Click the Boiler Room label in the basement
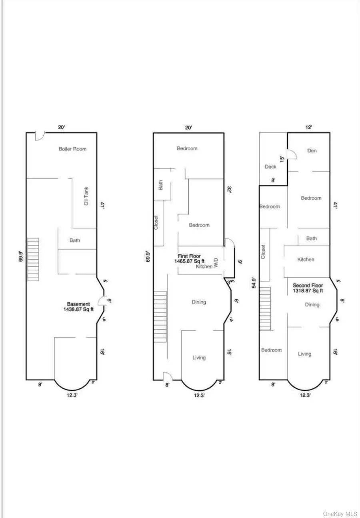[x=72, y=149]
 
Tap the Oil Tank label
[x=86, y=196]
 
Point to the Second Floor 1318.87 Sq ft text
[x=308, y=288]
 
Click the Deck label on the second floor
[x=271, y=167]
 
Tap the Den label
[x=312, y=150]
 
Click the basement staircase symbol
[x=33, y=259]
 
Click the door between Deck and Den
[x=292, y=154]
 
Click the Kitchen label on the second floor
[x=306, y=259]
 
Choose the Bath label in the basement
[x=75, y=240]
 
